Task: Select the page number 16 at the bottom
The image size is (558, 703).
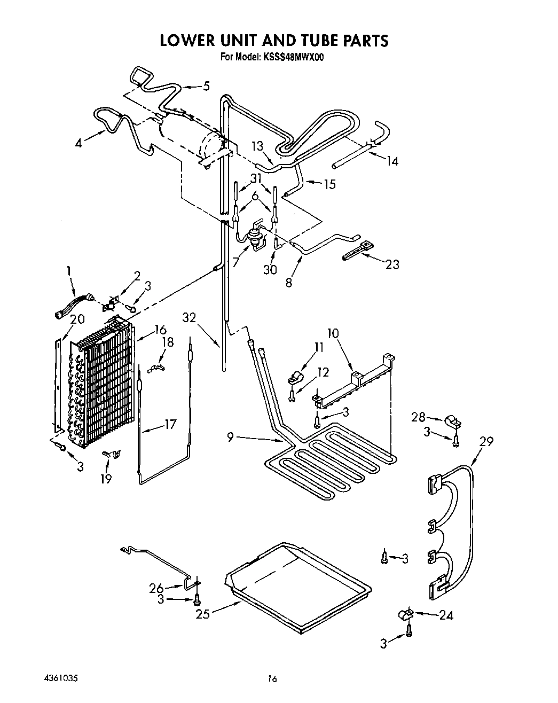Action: (272, 679)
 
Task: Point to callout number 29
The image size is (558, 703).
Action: (486, 441)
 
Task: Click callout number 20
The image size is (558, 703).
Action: (77, 319)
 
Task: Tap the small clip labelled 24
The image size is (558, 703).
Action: (406, 615)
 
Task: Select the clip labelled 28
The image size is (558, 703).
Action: (452, 422)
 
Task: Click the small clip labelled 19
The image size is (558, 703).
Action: (111, 454)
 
